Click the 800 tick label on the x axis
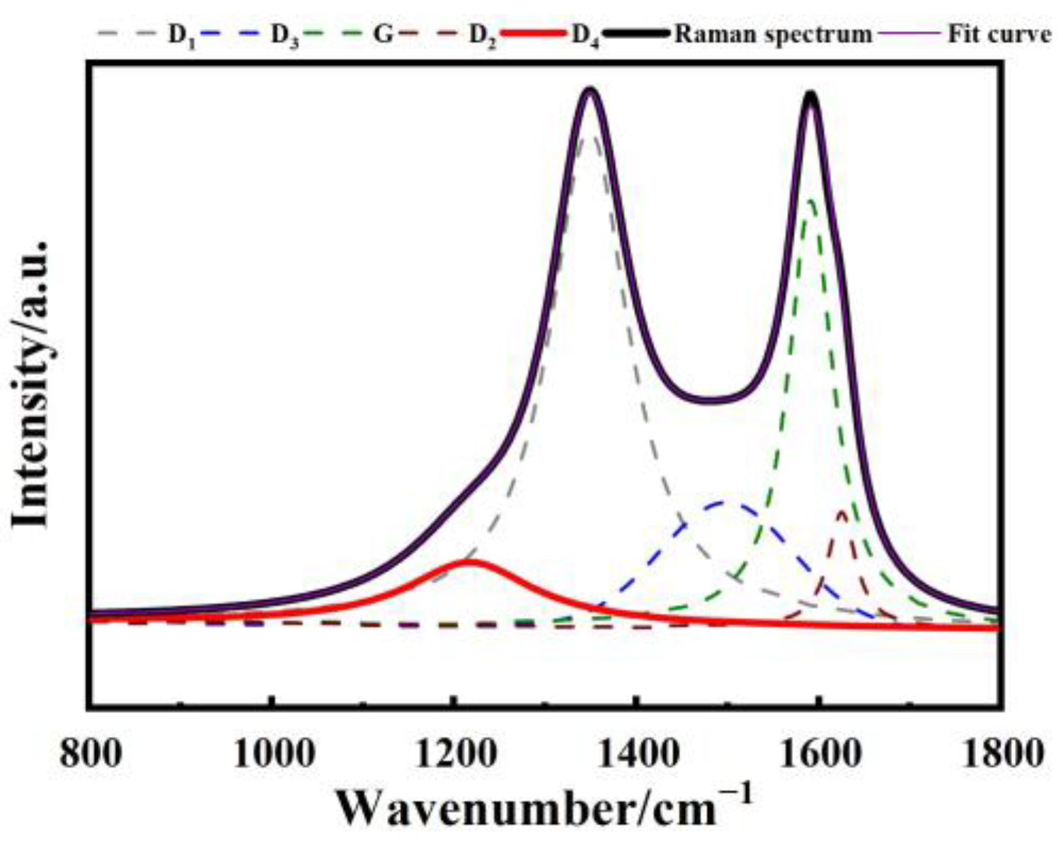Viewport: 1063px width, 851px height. pyautogui.click(x=90, y=751)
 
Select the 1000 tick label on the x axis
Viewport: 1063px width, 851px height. pyautogui.click(x=272, y=751)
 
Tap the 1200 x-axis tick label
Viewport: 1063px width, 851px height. pyautogui.click(x=454, y=751)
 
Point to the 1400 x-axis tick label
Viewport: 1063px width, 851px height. pyautogui.click(x=637, y=751)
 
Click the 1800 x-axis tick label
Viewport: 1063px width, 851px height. pyautogui.click(x=1000, y=751)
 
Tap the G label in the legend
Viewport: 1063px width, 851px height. pyautogui.click(x=382, y=33)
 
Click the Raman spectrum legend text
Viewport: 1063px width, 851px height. pyautogui.click(x=773, y=33)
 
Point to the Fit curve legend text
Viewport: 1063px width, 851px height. pyautogui.click(x=999, y=33)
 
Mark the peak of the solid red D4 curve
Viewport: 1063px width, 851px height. pyautogui.click(x=468, y=562)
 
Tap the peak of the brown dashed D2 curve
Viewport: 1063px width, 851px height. pyautogui.click(x=841, y=511)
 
